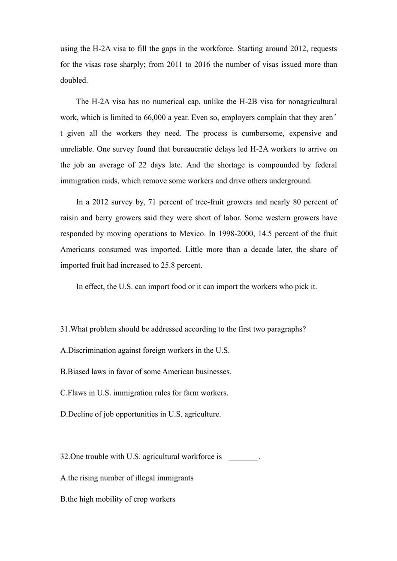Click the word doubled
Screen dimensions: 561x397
point(73,80)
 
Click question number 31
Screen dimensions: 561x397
point(65,329)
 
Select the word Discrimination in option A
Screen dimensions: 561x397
point(93,350)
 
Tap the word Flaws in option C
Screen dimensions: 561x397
point(77,393)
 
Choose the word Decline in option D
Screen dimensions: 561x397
point(80,414)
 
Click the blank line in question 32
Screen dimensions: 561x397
point(244,458)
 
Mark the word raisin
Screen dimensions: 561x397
point(69,218)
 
